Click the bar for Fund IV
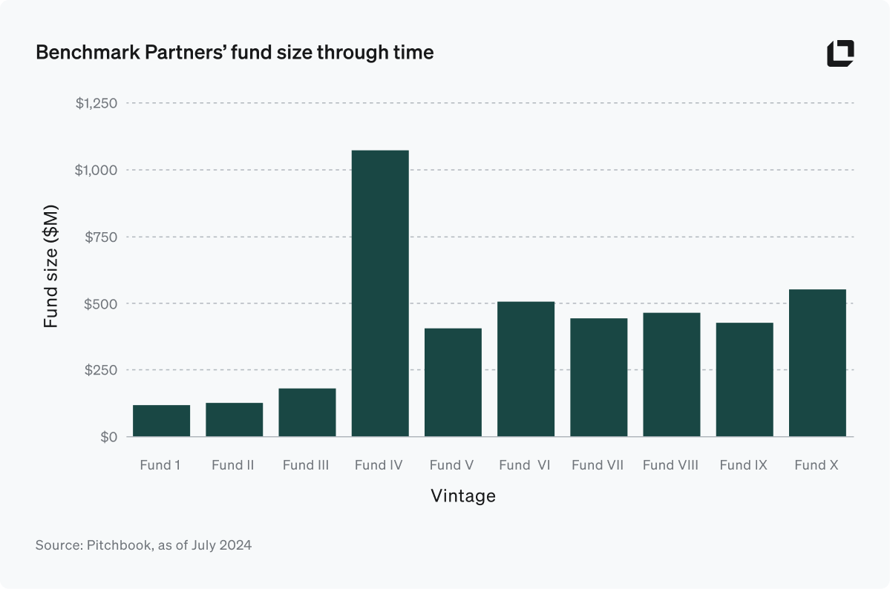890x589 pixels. [x=380, y=293]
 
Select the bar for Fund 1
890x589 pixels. [x=161, y=421]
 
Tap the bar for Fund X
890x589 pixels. [x=817, y=363]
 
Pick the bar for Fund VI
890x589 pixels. [x=526, y=369]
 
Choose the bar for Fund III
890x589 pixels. [x=307, y=412]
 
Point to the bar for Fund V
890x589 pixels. [x=453, y=382]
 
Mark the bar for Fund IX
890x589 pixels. [x=745, y=379]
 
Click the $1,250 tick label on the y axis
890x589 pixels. [x=96, y=103]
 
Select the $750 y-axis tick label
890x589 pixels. [x=102, y=237]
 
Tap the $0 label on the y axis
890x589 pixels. [x=108, y=437]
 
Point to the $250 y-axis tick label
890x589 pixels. [x=102, y=370]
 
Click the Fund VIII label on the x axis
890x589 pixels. [x=670, y=465]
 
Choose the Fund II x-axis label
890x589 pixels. [x=233, y=465]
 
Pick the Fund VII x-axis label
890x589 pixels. [x=598, y=465]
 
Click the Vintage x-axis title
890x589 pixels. [x=463, y=496]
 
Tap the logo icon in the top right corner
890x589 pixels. [x=840, y=53]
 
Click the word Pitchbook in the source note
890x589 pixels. [x=117, y=545]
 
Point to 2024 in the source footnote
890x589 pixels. [x=236, y=545]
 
